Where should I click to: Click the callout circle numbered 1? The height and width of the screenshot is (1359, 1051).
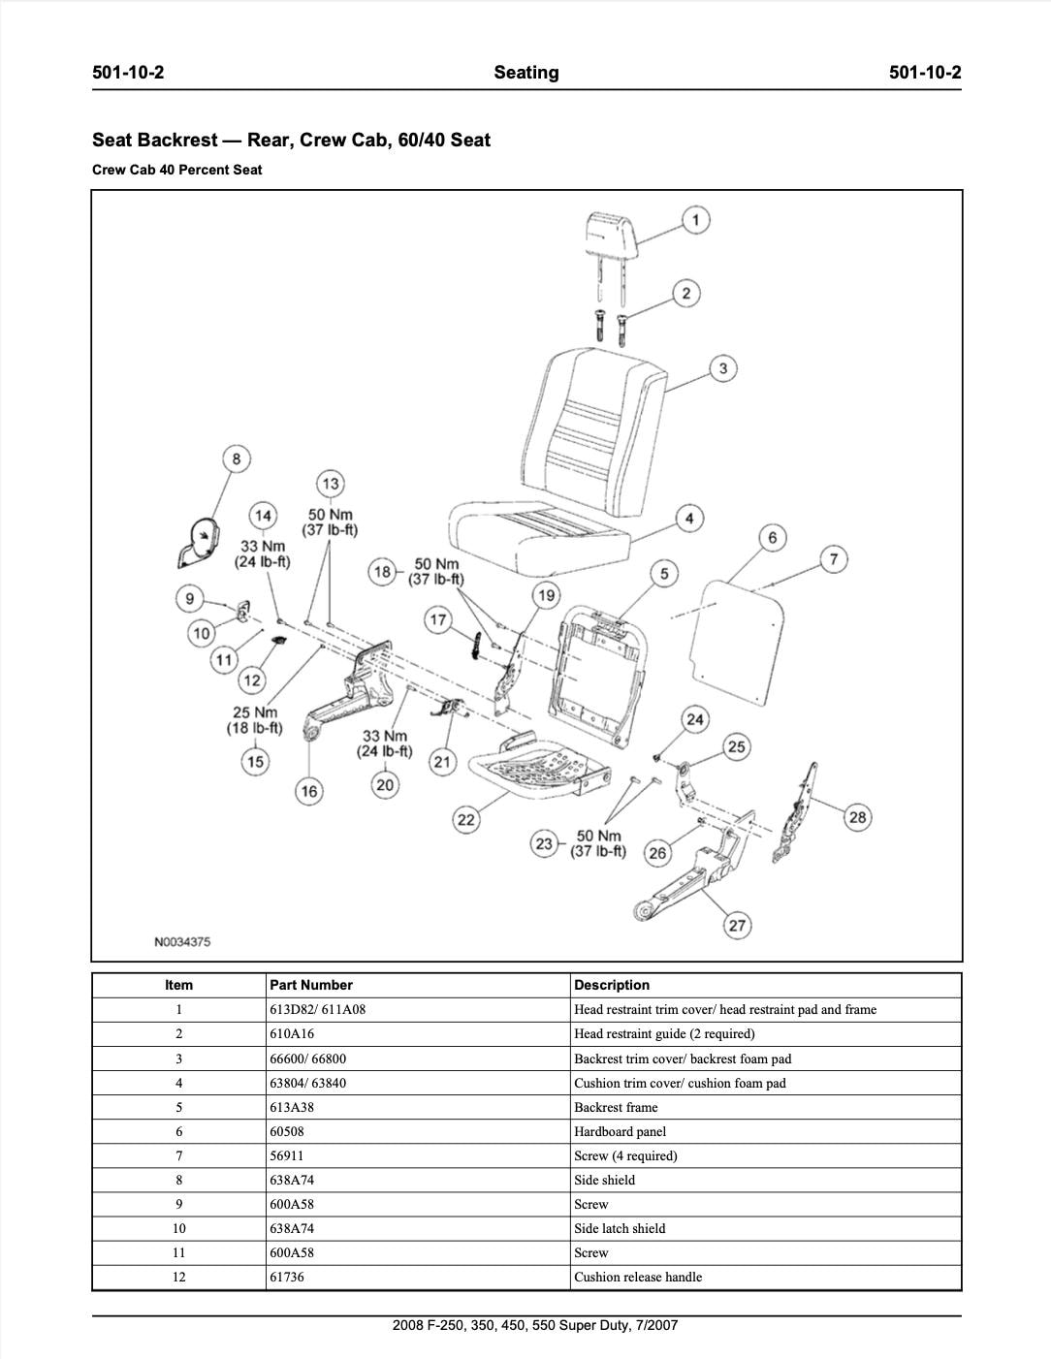(695, 220)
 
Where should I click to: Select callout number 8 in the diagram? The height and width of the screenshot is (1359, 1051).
(236, 458)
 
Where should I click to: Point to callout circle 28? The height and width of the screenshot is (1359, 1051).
(857, 817)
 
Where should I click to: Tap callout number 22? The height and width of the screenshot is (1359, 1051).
(466, 820)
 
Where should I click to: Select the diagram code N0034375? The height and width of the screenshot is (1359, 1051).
(181, 941)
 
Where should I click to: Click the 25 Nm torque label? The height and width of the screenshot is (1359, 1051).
(254, 720)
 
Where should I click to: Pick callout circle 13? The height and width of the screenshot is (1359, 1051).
(331, 484)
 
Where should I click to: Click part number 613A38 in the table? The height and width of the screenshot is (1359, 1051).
(291, 1107)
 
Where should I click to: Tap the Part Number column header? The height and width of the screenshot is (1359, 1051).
(310, 985)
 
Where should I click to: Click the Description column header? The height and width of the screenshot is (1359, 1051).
(611, 985)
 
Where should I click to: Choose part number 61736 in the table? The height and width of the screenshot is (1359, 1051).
(287, 1277)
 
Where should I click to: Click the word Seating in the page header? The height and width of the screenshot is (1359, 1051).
(525, 73)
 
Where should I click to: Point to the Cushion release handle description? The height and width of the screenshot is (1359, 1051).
(637, 1277)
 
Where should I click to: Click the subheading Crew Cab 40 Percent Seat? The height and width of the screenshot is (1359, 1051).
(176, 170)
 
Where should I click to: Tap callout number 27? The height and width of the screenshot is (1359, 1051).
(737, 925)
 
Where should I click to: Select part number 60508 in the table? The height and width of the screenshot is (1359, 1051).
(287, 1131)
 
